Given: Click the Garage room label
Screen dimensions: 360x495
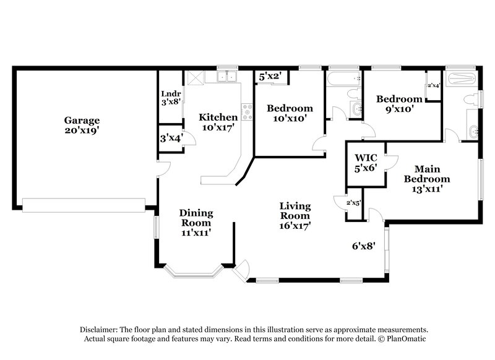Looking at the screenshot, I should coord(82,120).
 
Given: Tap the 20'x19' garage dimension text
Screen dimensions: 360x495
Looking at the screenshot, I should coord(82,131).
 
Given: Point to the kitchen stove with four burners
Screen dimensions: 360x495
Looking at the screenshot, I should coord(247,111).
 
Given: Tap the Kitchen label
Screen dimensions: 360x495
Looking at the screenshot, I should coord(218,117).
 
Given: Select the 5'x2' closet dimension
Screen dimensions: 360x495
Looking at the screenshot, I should coord(270,77).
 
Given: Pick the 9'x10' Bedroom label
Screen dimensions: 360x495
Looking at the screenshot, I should coord(399,99).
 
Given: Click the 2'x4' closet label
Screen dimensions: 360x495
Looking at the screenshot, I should coord(433,86).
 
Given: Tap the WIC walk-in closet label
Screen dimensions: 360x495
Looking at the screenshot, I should coord(365,158).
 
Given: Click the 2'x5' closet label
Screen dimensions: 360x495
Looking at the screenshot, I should coord(354,202).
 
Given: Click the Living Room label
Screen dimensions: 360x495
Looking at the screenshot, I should coord(295,210).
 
